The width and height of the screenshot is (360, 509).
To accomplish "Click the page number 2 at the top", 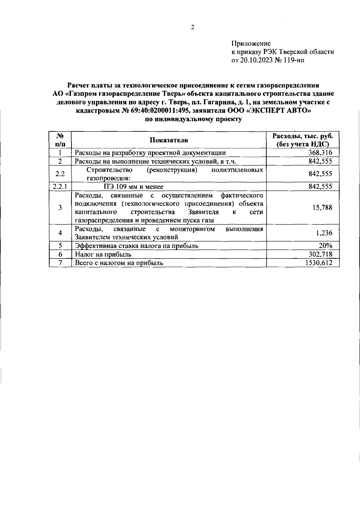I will [193, 28].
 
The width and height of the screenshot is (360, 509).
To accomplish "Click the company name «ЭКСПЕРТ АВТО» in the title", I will [278, 111].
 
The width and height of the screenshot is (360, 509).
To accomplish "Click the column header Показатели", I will [169, 140].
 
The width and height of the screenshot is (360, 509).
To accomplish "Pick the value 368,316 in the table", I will [320, 153].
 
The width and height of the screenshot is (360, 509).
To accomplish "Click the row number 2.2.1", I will [60, 186].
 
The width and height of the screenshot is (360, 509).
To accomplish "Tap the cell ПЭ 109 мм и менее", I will [131, 187].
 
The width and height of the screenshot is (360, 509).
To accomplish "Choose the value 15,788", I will [322, 208].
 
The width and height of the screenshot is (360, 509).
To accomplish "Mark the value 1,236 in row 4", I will [324, 233].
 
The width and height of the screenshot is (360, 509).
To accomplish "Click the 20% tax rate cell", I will [325, 245].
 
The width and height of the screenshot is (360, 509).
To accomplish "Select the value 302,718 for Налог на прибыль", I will [320, 254].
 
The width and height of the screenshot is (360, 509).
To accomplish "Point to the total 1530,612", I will [319, 263].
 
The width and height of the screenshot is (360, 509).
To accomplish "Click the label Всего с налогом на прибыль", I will [119, 263].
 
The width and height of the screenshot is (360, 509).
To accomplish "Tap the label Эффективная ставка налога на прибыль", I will [136, 246].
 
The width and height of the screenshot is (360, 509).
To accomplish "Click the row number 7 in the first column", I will [60, 263].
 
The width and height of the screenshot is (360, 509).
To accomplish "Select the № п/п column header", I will [60, 140].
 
